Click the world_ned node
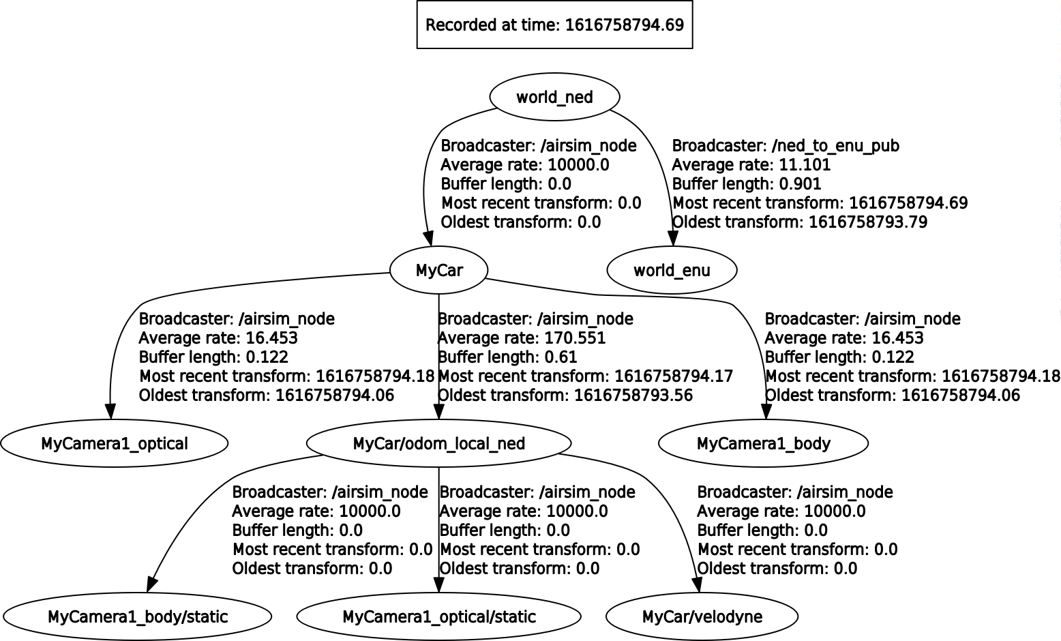click(554, 97)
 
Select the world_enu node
click(672, 270)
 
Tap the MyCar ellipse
click(439, 270)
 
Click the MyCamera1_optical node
click(114, 443)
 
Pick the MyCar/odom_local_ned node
click(438, 443)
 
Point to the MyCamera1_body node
click(763, 443)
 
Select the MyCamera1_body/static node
click(137, 616)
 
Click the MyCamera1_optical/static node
click(438, 616)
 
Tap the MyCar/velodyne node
click(702, 616)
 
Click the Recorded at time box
click(554, 25)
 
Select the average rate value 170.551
click(576, 338)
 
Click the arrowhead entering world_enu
click(672, 237)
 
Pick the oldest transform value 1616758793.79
click(867, 222)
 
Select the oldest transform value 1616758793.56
click(633, 396)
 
